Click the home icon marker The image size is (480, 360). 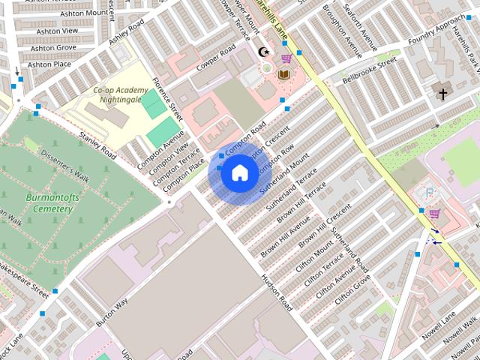pyautogui.click(x=238, y=173)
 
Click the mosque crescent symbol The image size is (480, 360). pyautogui.click(x=263, y=52)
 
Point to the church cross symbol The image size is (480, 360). pyautogui.click(x=442, y=94)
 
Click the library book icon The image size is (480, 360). pyautogui.click(x=284, y=74)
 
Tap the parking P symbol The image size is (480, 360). pyautogui.click(x=429, y=193)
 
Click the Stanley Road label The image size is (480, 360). pyautogui.click(x=98, y=145)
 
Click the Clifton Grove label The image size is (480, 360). pyautogui.click(x=352, y=289)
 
